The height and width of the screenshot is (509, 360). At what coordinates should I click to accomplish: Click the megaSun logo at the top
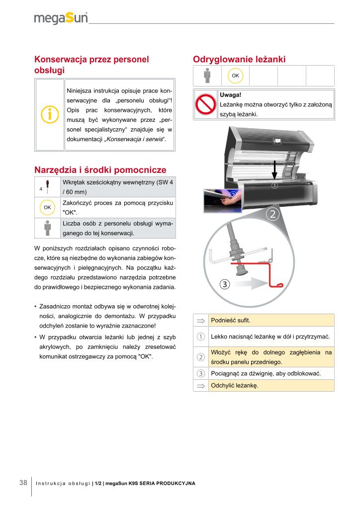[61, 18]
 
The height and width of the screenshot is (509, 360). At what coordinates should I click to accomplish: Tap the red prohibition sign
[205, 104]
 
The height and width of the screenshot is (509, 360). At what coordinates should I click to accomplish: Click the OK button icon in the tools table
[47, 207]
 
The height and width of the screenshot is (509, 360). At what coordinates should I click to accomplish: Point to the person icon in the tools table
[48, 228]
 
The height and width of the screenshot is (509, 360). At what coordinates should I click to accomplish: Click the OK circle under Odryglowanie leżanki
[235, 76]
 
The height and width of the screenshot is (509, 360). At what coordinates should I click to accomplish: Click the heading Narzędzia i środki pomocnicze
[100, 170]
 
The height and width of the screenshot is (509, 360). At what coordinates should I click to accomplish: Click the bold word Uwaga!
[230, 94]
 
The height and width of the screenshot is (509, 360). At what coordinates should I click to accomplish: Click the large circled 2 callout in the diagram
[272, 215]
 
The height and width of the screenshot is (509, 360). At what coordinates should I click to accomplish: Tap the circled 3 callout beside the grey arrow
[224, 284]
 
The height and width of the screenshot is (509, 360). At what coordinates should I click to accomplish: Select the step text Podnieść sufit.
[227, 320]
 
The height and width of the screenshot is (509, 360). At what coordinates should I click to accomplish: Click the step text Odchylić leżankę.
[234, 386]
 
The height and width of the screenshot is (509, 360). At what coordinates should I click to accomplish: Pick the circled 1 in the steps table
[201, 337]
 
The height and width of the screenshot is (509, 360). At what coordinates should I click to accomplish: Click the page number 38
[23, 483]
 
